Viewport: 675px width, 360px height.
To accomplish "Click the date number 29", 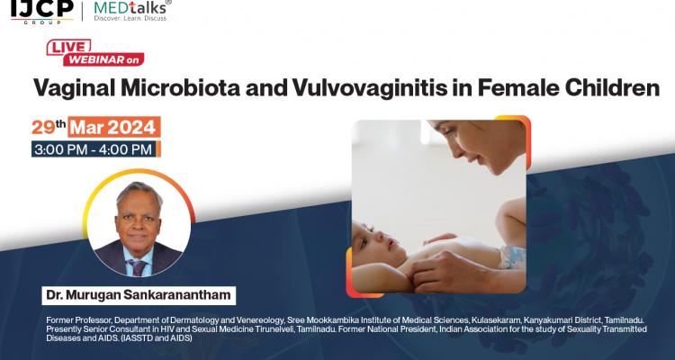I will (44, 126).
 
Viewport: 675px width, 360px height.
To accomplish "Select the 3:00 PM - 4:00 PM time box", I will (93, 148).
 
